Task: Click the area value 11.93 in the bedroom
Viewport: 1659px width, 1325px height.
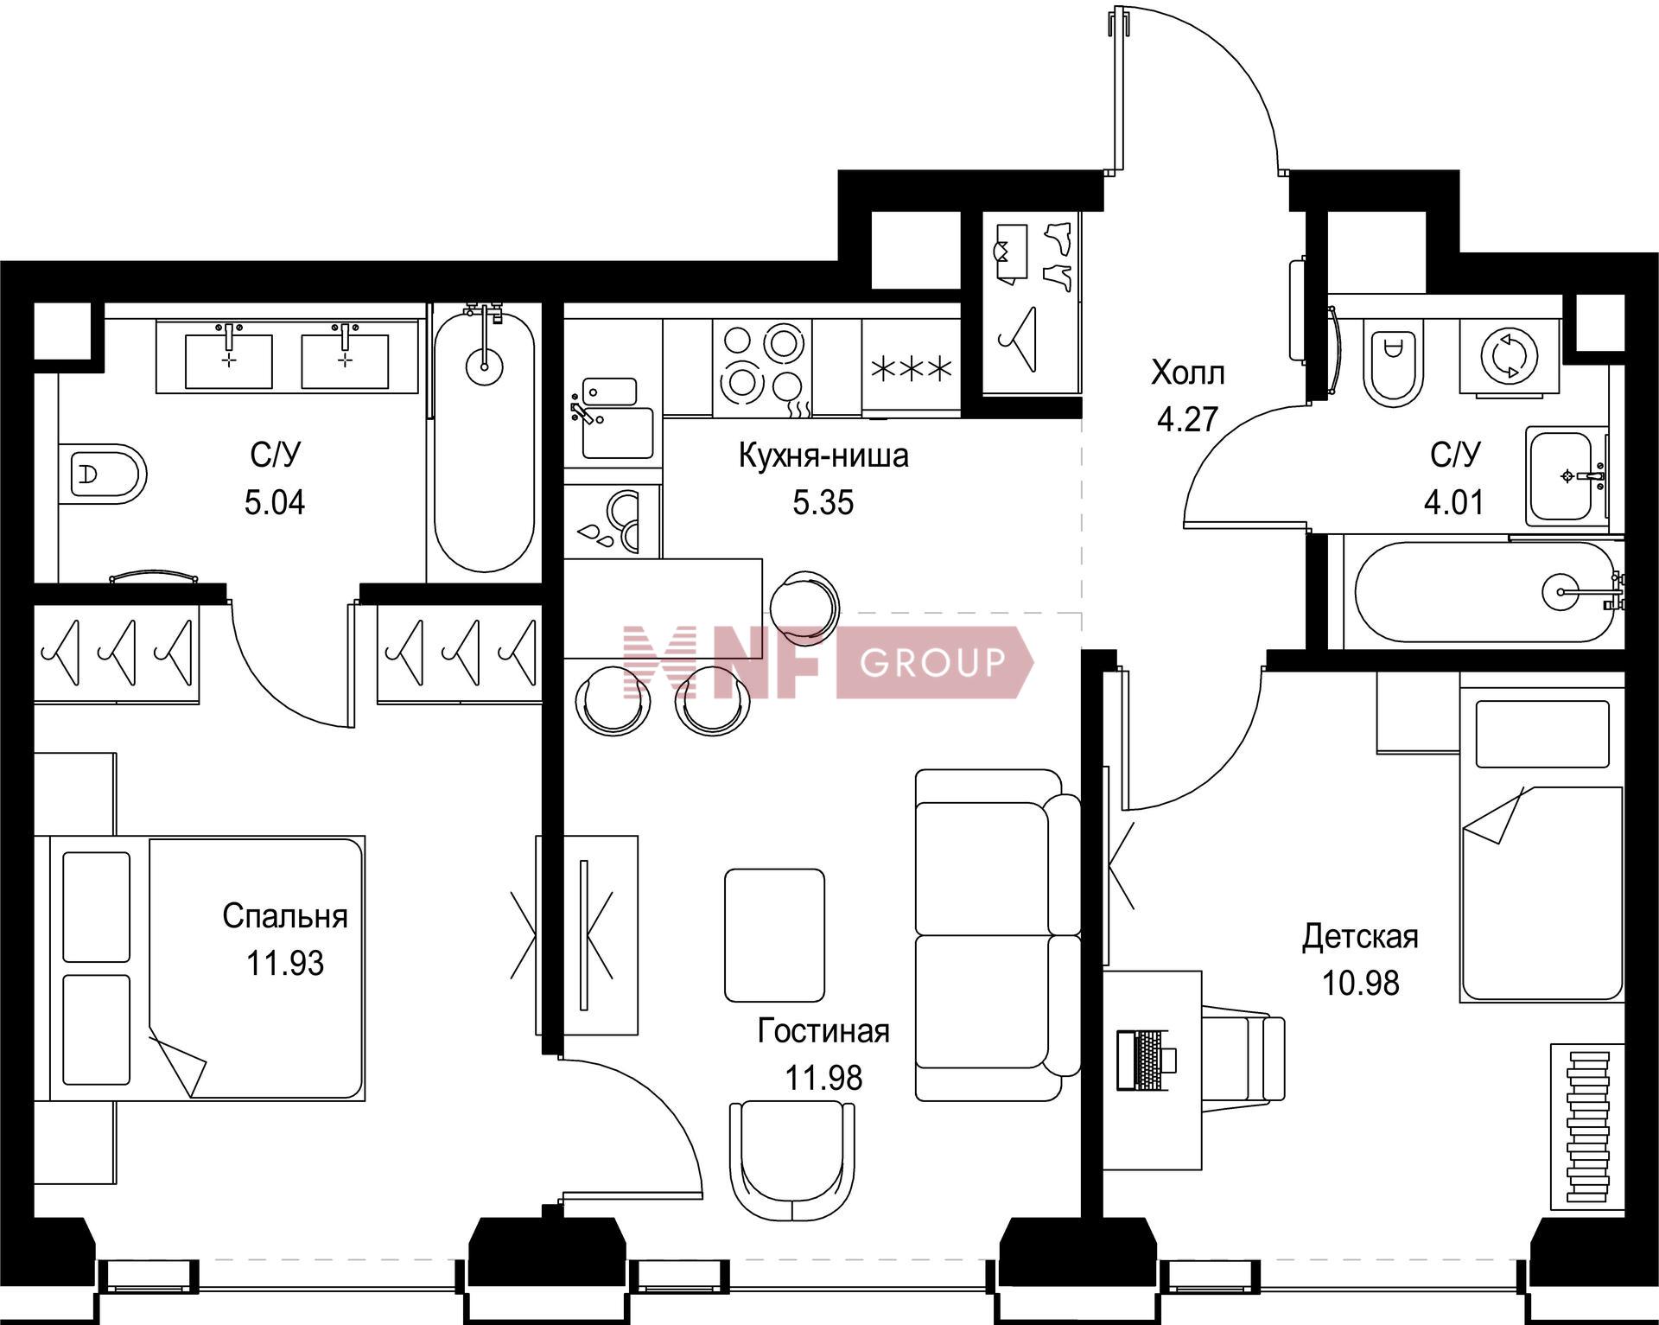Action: pos(284,963)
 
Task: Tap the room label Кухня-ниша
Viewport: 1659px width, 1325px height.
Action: pos(823,455)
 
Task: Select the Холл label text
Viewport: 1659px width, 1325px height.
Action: pos(1187,373)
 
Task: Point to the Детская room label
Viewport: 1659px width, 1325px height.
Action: pos(1360,937)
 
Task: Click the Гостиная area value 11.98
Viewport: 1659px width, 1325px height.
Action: pos(823,1079)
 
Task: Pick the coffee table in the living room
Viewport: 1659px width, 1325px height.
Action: pos(774,935)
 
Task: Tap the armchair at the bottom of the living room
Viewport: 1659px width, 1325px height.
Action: pos(792,1161)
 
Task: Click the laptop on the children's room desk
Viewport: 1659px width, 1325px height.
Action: pos(1146,1059)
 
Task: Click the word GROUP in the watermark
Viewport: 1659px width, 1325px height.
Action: pos(933,662)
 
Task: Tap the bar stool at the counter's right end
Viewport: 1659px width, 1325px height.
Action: pos(804,606)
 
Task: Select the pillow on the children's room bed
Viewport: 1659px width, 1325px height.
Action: pos(1543,734)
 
